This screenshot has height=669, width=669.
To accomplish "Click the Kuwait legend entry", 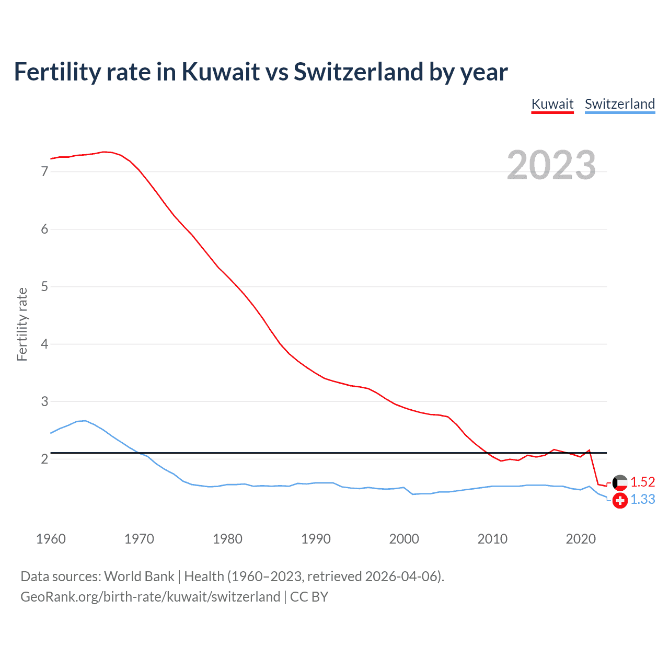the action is tap(552, 104).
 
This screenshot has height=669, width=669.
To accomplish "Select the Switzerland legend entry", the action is tap(619, 104).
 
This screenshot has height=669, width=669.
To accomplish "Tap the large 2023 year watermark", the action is tap(551, 165).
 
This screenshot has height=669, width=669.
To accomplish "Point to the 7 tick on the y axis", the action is tap(44, 171).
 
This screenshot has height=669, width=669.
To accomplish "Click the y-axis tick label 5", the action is tap(44, 286).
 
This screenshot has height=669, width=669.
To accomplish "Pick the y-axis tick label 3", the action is tap(44, 401).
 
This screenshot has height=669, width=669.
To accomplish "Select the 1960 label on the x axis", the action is tap(51, 539).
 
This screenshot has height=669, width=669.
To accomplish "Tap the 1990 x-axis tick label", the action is tap(316, 539).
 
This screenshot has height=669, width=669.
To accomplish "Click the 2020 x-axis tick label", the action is tap(581, 539).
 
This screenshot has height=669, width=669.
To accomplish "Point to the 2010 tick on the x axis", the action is tap(492, 539).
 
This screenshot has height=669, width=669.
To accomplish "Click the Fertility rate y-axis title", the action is tap(22, 324).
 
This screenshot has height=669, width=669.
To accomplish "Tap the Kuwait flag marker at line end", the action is tap(620, 482).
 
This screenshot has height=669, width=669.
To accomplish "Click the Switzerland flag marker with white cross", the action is tap(620, 500).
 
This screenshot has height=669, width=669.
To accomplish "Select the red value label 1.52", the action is tap(642, 482).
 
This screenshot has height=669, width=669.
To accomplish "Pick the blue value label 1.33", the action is tap(642, 500).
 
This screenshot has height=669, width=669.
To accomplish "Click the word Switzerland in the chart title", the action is tap(358, 72).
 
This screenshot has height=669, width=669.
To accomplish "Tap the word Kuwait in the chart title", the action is tap(220, 72).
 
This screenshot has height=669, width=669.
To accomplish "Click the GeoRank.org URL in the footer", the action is tap(150, 597).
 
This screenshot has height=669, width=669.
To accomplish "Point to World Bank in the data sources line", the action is tap(139, 576).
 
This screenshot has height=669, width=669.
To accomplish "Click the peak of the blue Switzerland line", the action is tap(85, 421).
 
